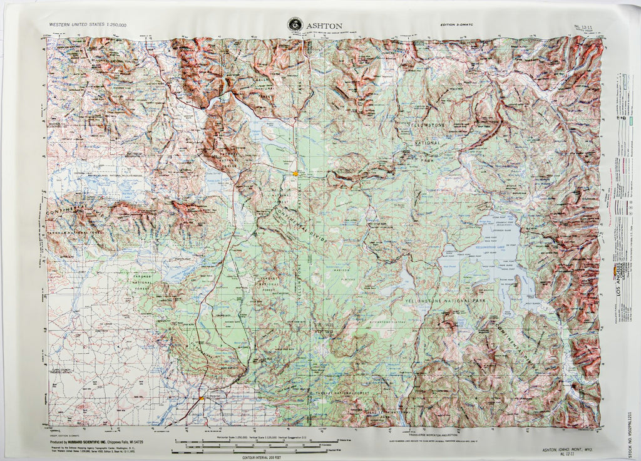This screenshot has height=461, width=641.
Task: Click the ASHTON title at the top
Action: (x=324, y=26)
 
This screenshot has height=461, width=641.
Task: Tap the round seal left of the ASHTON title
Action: (x=294, y=24)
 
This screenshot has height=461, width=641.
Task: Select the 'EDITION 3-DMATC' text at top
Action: (x=456, y=24)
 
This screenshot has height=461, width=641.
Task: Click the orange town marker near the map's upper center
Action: (x=295, y=173)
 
